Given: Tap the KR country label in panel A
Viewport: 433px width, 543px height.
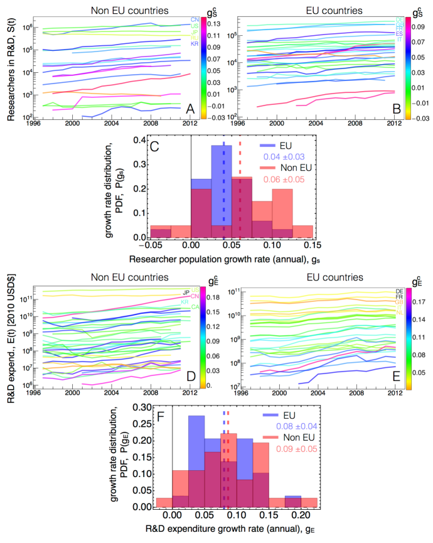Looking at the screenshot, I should click(195, 44).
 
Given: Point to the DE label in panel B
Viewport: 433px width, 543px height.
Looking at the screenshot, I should click(399, 19).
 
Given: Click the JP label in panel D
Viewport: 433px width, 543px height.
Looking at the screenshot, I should click(186, 292).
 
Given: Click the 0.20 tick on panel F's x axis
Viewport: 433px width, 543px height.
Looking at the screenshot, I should click(301, 517).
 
